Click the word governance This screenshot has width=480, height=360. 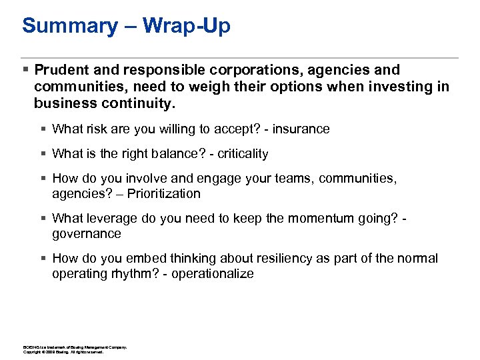[x=87, y=234]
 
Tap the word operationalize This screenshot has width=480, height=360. [x=213, y=274]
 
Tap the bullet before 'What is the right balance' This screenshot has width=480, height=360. [x=43, y=154]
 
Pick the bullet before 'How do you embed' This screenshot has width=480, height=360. [x=43, y=258]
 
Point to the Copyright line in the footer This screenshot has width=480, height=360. [x=63, y=351]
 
